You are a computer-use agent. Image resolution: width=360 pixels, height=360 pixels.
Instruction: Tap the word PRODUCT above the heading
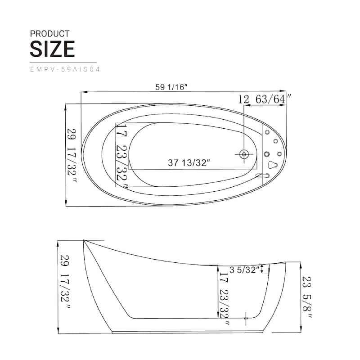tap(49, 33)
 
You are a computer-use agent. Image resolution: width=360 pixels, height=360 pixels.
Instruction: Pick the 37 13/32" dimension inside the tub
tap(189, 163)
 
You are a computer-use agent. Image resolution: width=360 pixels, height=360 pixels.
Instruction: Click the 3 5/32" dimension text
tap(245, 270)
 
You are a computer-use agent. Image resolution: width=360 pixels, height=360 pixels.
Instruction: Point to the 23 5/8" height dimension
tap(307, 297)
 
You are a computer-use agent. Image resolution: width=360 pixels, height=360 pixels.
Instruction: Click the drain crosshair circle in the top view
tap(244, 154)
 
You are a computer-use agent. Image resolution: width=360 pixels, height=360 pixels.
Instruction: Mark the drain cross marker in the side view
tap(246, 318)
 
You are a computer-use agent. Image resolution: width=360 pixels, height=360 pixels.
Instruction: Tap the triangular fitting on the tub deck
tap(272, 165)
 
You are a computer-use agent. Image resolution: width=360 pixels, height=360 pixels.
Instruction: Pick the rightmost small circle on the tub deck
tap(279, 154)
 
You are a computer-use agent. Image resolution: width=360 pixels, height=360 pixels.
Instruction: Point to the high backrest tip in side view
tap(84, 241)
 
